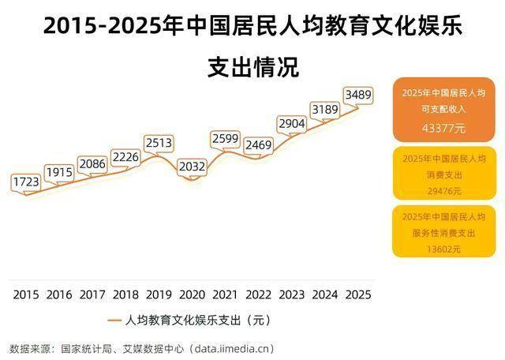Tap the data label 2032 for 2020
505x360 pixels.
[192, 167]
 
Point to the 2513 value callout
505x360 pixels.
[159, 143]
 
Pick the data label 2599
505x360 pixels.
[226, 138]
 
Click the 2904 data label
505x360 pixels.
[292, 123]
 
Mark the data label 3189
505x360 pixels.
[325, 109]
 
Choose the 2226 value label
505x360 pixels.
[125, 157]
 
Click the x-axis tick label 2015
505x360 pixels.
[26, 294]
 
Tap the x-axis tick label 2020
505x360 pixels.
[192, 294]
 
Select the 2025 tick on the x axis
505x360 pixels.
[358, 294]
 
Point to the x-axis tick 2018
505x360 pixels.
[125, 294]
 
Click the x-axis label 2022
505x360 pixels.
[259, 294]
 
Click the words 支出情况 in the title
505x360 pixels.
[252, 67]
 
